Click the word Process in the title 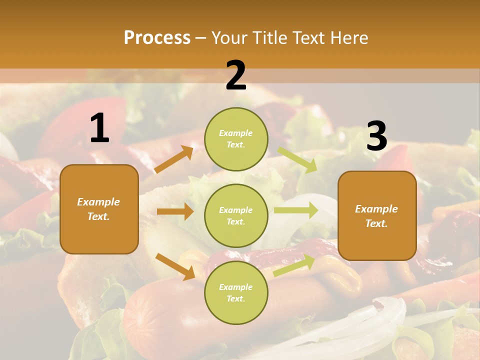tap(157, 38)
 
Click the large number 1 tap(99, 128)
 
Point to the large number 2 tap(236, 75)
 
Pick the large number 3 tap(376, 136)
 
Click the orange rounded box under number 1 tap(99, 209)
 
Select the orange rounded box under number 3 tap(377, 215)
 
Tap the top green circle tap(236, 139)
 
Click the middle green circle tap(236, 215)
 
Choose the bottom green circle tap(236, 292)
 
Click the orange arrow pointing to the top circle tap(174, 159)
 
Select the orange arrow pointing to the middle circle tap(175, 211)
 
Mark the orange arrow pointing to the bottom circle tap(175, 266)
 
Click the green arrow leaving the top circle tap(297, 159)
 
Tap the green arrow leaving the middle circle tap(296, 210)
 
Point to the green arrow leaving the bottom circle tap(294, 265)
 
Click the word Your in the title tap(229, 38)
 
